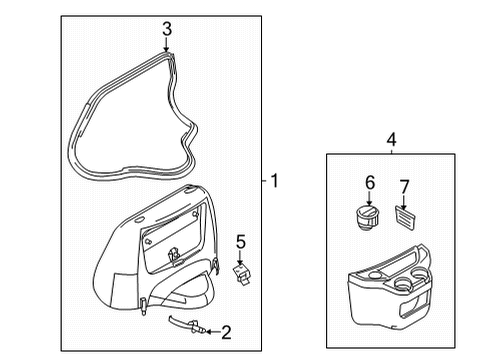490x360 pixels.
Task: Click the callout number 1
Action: pyautogui.click(x=274, y=181)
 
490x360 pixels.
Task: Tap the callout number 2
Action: pyautogui.click(x=226, y=332)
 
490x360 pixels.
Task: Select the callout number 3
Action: pyautogui.click(x=167, y=29)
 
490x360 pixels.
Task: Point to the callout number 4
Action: pyautogui.click(x=391, y=139)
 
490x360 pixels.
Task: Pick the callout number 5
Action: pyautogui.click(x=241, y=242)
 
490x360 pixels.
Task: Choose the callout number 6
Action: pyautogui.click(x=370, y=183)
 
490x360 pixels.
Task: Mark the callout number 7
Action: pyautogui.click(x=404, y=187)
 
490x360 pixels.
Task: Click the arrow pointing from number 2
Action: pyautogui.click(x=213, y=332)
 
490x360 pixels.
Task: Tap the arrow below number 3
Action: pyautogui.click(x=166, y=45)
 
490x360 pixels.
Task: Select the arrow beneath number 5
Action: pyautogui.click(x=240, y=258)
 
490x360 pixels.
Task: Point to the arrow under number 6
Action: pyautogui.click(x=369, y=199)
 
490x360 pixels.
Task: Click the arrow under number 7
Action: pyautogui.click(x=404, y=203)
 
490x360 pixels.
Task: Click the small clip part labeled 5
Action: pyautogui.click(x=242, y=274)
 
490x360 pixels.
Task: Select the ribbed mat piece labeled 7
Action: pyautogui.click(x=406, y=218)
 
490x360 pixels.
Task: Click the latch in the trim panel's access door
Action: pyautogui.click(x=174, y=256)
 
